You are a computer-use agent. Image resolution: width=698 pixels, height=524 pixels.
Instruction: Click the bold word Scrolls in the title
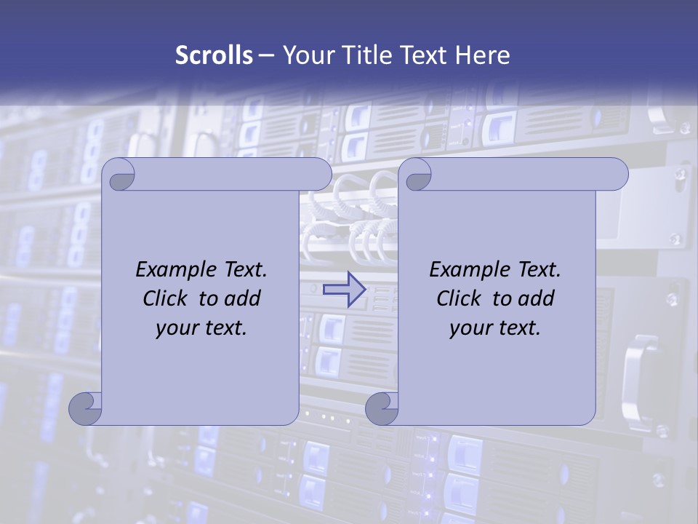[x=214, y=55]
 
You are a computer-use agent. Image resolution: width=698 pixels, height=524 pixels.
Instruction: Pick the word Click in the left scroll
[x=167, y=298]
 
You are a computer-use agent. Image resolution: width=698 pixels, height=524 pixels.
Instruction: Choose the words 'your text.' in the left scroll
[x=201, y=328]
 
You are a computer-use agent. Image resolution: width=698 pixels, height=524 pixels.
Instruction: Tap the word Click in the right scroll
[x=460, y=298]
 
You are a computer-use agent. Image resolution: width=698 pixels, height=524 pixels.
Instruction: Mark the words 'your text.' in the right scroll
[x=495, y=328]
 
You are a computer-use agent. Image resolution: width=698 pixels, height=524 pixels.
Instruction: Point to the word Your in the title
[x=304, y=55]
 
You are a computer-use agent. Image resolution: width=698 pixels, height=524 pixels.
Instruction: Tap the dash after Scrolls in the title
[x=266, y=55]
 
